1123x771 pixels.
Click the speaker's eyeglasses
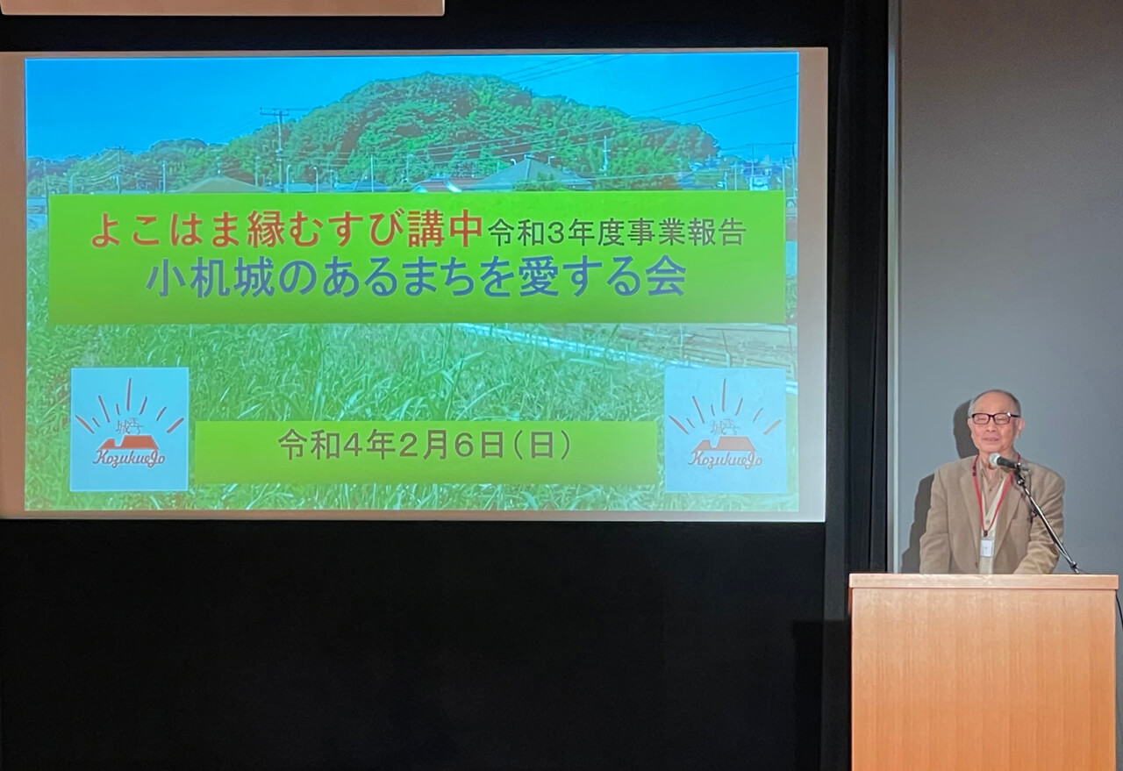(995, 418)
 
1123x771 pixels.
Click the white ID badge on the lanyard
(987, 547)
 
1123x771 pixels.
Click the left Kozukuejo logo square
(129, 429)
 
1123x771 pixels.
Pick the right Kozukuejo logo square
(725, 430)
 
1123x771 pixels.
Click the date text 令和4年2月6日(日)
(424, 446)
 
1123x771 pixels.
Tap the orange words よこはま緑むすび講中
(286, 230)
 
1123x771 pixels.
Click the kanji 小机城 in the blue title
(210, 279)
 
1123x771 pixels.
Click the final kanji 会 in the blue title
(666, 278)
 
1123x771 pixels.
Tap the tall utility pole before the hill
(279, 149)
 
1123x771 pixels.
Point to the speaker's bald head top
(994, 397)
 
